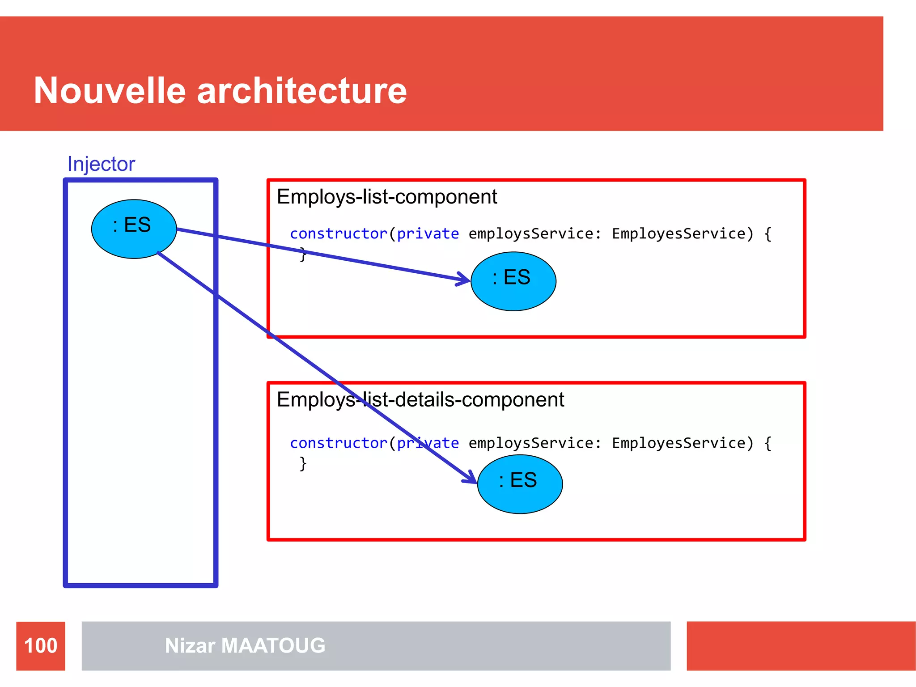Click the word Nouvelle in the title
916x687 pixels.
[x=110, y=91]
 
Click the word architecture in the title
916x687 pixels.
[x=302, y=91]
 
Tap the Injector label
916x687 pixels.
[x=101, y=164]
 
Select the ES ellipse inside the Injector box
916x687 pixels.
[x=133, y=229]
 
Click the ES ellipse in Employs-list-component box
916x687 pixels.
[x=513, y=281]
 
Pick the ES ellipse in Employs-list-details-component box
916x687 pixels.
[x=520, y=484]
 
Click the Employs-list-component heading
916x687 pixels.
[x=386, y=197]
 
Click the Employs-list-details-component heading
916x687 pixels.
[x=420, y=399]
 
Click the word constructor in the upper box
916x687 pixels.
[x=338, y=233]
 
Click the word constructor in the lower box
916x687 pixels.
[x=338, y=443]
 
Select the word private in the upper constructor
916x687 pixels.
[x=428, y=233]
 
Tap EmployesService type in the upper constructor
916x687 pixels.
[x=679, y=233]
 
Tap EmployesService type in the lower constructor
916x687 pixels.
[x=679, y=443]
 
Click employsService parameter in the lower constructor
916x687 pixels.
[x=530, y=443]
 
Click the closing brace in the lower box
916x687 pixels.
[x=303, y=463]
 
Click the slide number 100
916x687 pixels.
[x=41, y=645]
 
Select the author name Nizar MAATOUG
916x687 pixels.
[x=245, y=645]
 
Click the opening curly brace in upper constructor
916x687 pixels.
[x=768, y=233]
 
